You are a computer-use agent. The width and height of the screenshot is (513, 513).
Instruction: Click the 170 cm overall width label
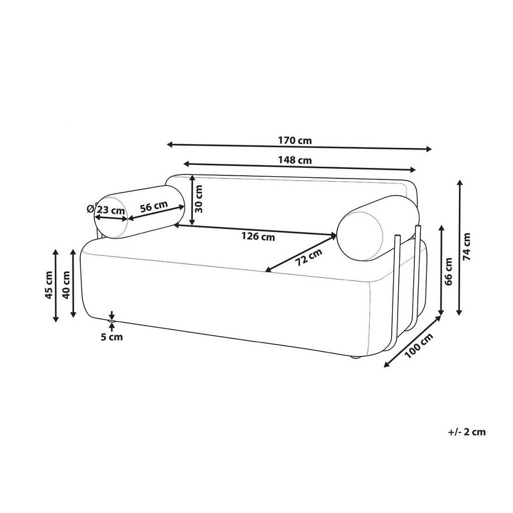[x=295, y=141]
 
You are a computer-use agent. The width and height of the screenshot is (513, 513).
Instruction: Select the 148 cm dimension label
[x=295, y=161]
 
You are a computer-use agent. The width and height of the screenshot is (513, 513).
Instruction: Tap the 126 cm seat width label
[x=258, y=236]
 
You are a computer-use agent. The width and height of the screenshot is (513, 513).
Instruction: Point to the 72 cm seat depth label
[x=308, y=256]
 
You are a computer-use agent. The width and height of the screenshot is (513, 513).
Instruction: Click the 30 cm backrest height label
[x=199, y=199]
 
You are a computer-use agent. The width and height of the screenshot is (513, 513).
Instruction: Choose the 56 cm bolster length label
[x=154, y=207]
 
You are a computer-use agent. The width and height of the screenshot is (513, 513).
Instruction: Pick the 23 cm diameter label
[x=111, y=210]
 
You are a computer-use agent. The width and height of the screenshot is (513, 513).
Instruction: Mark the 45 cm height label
[x=49, y=285]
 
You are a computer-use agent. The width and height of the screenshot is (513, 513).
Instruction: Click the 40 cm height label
[x=66, y=284]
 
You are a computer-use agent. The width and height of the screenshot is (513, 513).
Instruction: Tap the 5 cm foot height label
[x=112, y=337]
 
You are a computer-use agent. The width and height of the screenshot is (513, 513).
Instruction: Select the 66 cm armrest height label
[x=448, y=272]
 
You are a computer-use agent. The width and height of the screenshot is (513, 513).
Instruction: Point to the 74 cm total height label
[x=467, y=246]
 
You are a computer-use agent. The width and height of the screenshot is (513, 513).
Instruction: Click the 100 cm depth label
[x=419, y=346]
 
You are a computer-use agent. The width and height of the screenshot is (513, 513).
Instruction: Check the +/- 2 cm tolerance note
[x=467, y=432]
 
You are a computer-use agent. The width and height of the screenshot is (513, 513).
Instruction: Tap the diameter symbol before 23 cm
[x=91, y=208]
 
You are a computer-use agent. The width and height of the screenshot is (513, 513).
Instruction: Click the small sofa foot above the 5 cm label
[x=112, y=323]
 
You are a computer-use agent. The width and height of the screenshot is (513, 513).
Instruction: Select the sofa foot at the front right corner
[x=355, y=357]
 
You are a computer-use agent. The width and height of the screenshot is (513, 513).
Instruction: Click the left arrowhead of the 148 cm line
[x=187, y=163]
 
